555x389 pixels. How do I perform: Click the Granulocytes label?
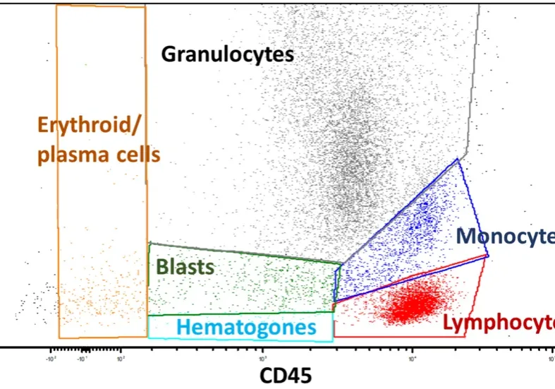[227, 54]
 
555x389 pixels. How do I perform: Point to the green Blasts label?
[185, 267]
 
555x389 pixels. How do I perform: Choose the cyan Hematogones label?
[246, 328]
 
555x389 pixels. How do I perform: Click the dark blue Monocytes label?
[505, 237]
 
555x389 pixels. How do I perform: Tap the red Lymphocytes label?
[498, 323]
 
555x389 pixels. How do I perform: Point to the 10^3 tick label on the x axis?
[263, 357]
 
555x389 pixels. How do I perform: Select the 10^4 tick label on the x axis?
[412, 357]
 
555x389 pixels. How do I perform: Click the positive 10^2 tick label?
[121, 357]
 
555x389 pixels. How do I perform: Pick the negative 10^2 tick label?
[51, 357]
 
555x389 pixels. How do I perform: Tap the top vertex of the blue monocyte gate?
[458, 160]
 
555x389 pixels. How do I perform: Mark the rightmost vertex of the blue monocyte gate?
[488, 256]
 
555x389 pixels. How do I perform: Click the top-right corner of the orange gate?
[145, 6]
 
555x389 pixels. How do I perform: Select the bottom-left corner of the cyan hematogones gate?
[148, 337]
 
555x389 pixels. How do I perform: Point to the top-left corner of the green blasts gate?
[150, 243]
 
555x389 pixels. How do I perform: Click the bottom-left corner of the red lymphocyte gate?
[334, 337]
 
